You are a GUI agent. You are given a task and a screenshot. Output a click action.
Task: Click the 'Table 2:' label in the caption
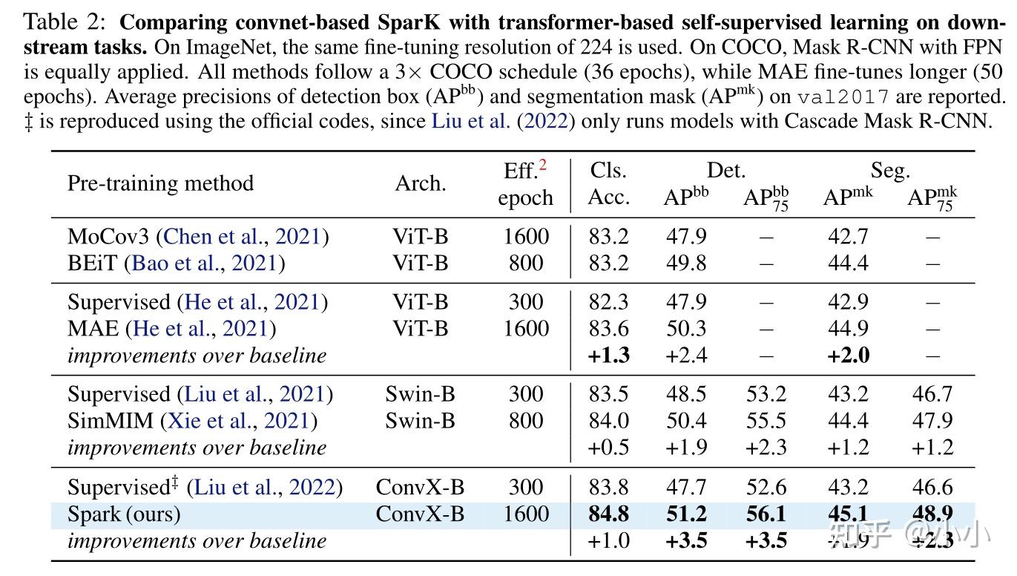tap(66, 23)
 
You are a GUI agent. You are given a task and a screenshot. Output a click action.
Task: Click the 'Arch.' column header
tap(420, 183)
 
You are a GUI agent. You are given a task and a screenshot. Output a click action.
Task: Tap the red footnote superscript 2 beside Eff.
tap(542, 166)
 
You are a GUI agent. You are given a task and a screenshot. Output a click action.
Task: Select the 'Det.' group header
tap(725, 171)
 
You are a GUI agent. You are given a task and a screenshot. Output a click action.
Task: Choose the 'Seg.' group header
tap(889, 171)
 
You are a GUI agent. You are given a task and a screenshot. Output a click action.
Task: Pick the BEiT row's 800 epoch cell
tap(525, 264)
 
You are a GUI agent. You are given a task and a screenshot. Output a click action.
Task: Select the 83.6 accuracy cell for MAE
tap(608, 329)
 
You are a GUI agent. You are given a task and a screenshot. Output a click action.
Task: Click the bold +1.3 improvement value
tap(608, 356)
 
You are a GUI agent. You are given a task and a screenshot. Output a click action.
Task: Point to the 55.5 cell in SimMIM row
tap(765, 421)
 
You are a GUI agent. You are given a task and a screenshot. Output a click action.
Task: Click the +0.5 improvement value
tap(608, 448)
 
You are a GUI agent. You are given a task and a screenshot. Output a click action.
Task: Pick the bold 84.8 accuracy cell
tap(608, 514)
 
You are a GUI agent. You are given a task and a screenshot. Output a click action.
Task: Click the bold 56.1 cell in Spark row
tap(765, 514)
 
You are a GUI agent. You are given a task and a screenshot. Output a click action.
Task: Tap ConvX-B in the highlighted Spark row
tap(420, 514)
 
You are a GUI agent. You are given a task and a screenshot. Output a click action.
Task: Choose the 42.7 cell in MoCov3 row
tap(848, 237)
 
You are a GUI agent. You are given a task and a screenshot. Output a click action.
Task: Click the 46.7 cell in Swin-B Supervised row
tap(932, 394)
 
